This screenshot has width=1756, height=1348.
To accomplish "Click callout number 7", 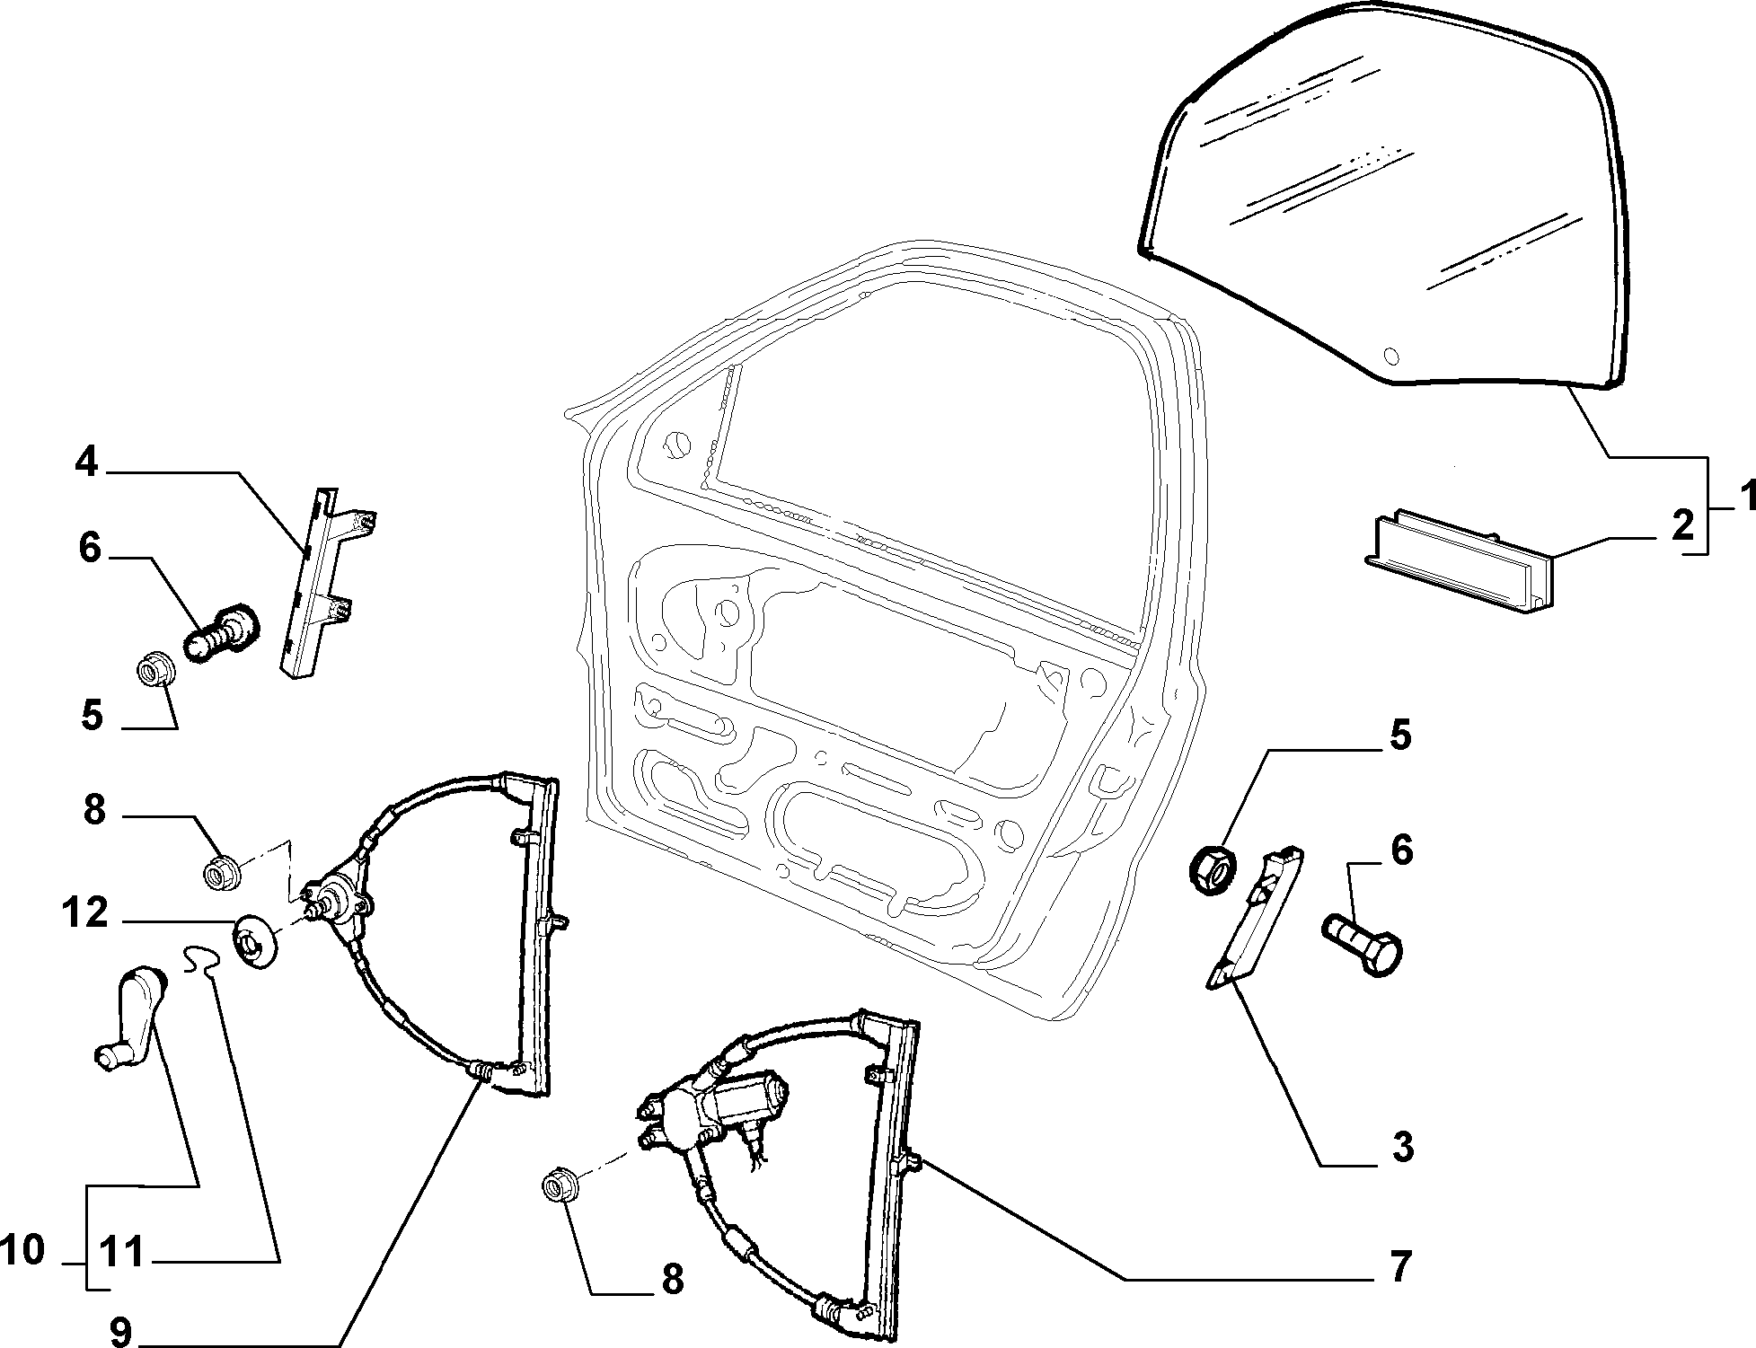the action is (1399, 1265).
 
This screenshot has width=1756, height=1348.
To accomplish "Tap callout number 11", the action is (122, 1253).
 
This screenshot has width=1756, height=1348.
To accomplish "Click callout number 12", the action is (85, 915).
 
